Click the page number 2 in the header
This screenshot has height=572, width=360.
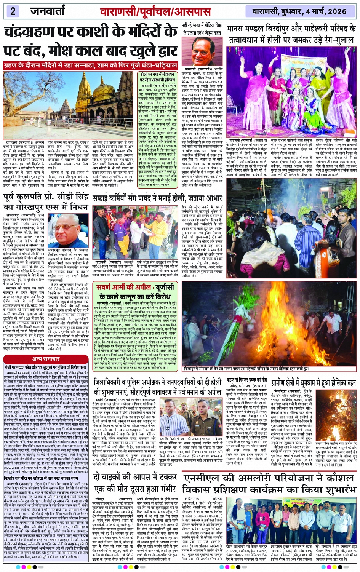tap(13, 11)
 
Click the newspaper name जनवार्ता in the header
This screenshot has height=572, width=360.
tap(48, 11)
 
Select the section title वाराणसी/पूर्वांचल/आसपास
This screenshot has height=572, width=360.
tap(155, 11)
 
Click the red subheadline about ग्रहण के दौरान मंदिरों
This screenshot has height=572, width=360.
tap(90, 66)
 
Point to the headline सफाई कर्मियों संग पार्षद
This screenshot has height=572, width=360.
tap(157, 198)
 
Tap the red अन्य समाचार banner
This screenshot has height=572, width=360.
tap(46, 359)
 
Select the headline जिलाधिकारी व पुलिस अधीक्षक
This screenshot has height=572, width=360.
tap(157, 387)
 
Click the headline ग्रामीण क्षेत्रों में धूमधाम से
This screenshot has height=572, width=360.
tap(313, 382)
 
